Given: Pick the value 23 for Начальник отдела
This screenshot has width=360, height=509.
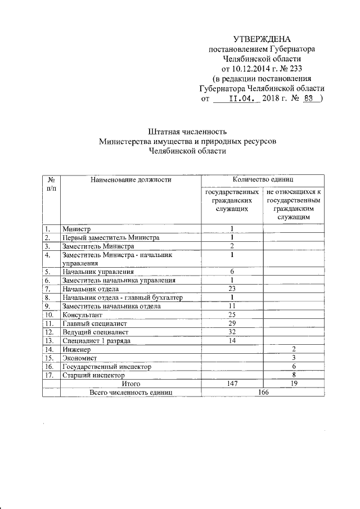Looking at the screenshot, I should point(232,289).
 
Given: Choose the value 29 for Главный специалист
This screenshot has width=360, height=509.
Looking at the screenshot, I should point(232,323).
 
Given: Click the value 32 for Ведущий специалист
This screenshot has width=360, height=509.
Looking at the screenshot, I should point(232,332).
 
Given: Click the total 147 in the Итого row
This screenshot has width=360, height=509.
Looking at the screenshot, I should point(232,383).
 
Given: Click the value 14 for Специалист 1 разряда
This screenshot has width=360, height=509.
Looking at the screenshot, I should point(232,340).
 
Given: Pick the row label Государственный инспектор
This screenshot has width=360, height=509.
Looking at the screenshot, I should point(107,366).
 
